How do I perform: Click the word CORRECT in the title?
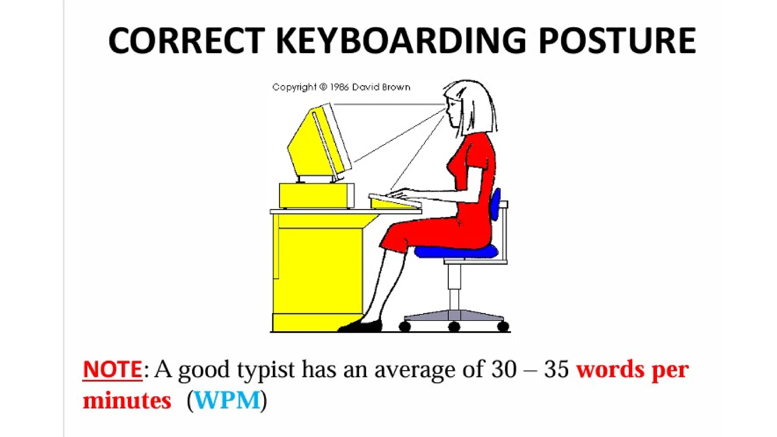click(186, 41)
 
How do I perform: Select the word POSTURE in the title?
click(617, 41)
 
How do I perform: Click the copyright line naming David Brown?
click(341, 87)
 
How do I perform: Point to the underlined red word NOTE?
click(113, 369)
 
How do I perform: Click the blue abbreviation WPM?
click(227, 400)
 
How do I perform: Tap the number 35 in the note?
click(556, 369)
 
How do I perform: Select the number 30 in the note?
click(504, 369)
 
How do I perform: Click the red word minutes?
click(127, 401)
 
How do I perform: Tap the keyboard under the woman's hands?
click(395, 201)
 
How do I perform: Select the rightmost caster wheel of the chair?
click(503, 326)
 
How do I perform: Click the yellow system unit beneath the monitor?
click(316, 196)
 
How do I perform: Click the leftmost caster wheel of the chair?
click(404, 326)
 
